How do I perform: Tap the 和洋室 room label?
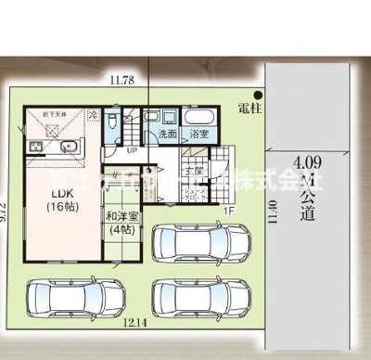pos(122,222)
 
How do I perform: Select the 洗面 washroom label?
pos(167,135)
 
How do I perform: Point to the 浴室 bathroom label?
pos(198,135)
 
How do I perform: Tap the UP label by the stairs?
pos(133,149)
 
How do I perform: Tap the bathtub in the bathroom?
pos(199,118)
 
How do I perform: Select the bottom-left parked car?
pos(65,298)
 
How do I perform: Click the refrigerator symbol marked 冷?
pos(92,117)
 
